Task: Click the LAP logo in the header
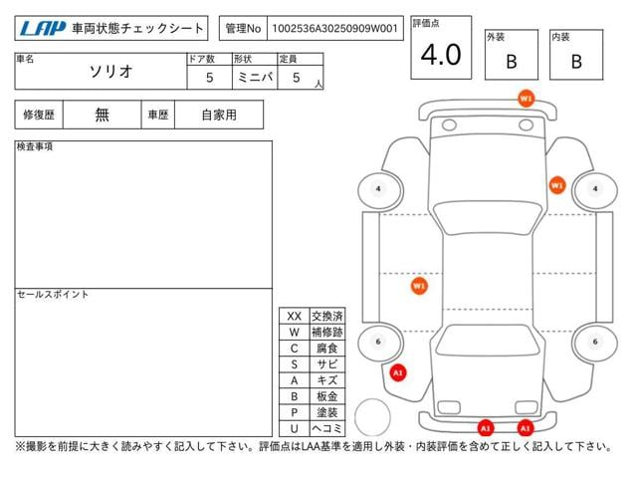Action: pos(42,29)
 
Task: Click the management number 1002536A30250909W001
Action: pos(334,29)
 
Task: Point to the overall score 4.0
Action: pos(441,54)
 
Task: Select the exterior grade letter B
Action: pos(512,62)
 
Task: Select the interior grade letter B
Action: pos(576,62)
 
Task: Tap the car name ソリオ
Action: pos(110,72)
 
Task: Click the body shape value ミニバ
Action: pos(255,77)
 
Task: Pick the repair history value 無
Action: pos(102,115)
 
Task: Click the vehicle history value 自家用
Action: pos(219,116)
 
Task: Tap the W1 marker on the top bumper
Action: pos(526,99)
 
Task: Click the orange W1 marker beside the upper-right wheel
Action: pos(557,185)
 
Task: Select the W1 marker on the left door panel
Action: pos(419,286)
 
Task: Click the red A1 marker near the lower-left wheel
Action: pos(398,372)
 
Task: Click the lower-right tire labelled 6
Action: pos(595,342)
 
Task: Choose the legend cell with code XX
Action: pos(295,317)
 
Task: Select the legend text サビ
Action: pos(327,364)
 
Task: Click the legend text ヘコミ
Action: pos(327,428)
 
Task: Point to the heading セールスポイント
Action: pos(53,295)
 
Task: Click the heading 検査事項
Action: pos(35,146)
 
